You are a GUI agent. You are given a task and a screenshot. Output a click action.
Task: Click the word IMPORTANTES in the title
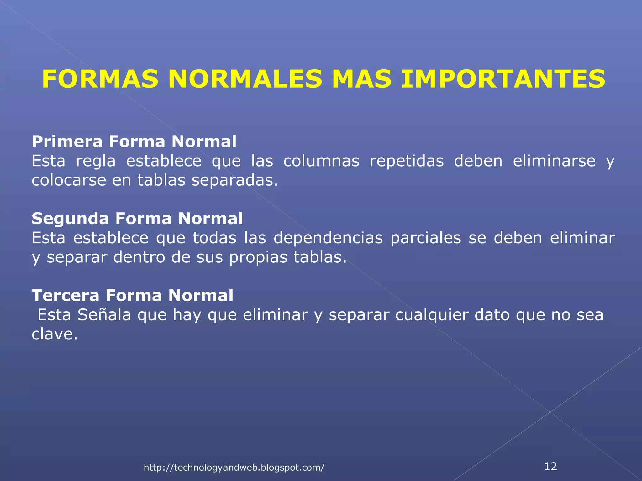(503, 79)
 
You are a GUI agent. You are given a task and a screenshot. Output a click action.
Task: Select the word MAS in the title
(361, 79)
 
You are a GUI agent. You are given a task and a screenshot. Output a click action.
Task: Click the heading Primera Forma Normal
(134, 142)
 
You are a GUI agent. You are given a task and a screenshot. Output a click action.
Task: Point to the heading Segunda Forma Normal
(137, 218)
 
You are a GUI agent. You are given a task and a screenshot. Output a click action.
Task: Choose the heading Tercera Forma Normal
(132, 295)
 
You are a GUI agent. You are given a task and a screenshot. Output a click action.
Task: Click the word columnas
(321, 161)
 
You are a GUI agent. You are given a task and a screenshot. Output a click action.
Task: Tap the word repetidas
(407, 161)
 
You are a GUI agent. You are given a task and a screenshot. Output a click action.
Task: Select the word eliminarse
(554, 161)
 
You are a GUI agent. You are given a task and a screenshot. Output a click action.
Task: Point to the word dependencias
(328, 238)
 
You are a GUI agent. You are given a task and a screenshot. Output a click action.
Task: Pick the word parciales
(425, 238)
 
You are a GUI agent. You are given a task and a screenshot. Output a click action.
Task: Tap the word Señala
(104, 315)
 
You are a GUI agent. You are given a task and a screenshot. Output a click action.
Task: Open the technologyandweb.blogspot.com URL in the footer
(234, 468)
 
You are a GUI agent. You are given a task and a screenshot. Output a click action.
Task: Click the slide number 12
(550, 466)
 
